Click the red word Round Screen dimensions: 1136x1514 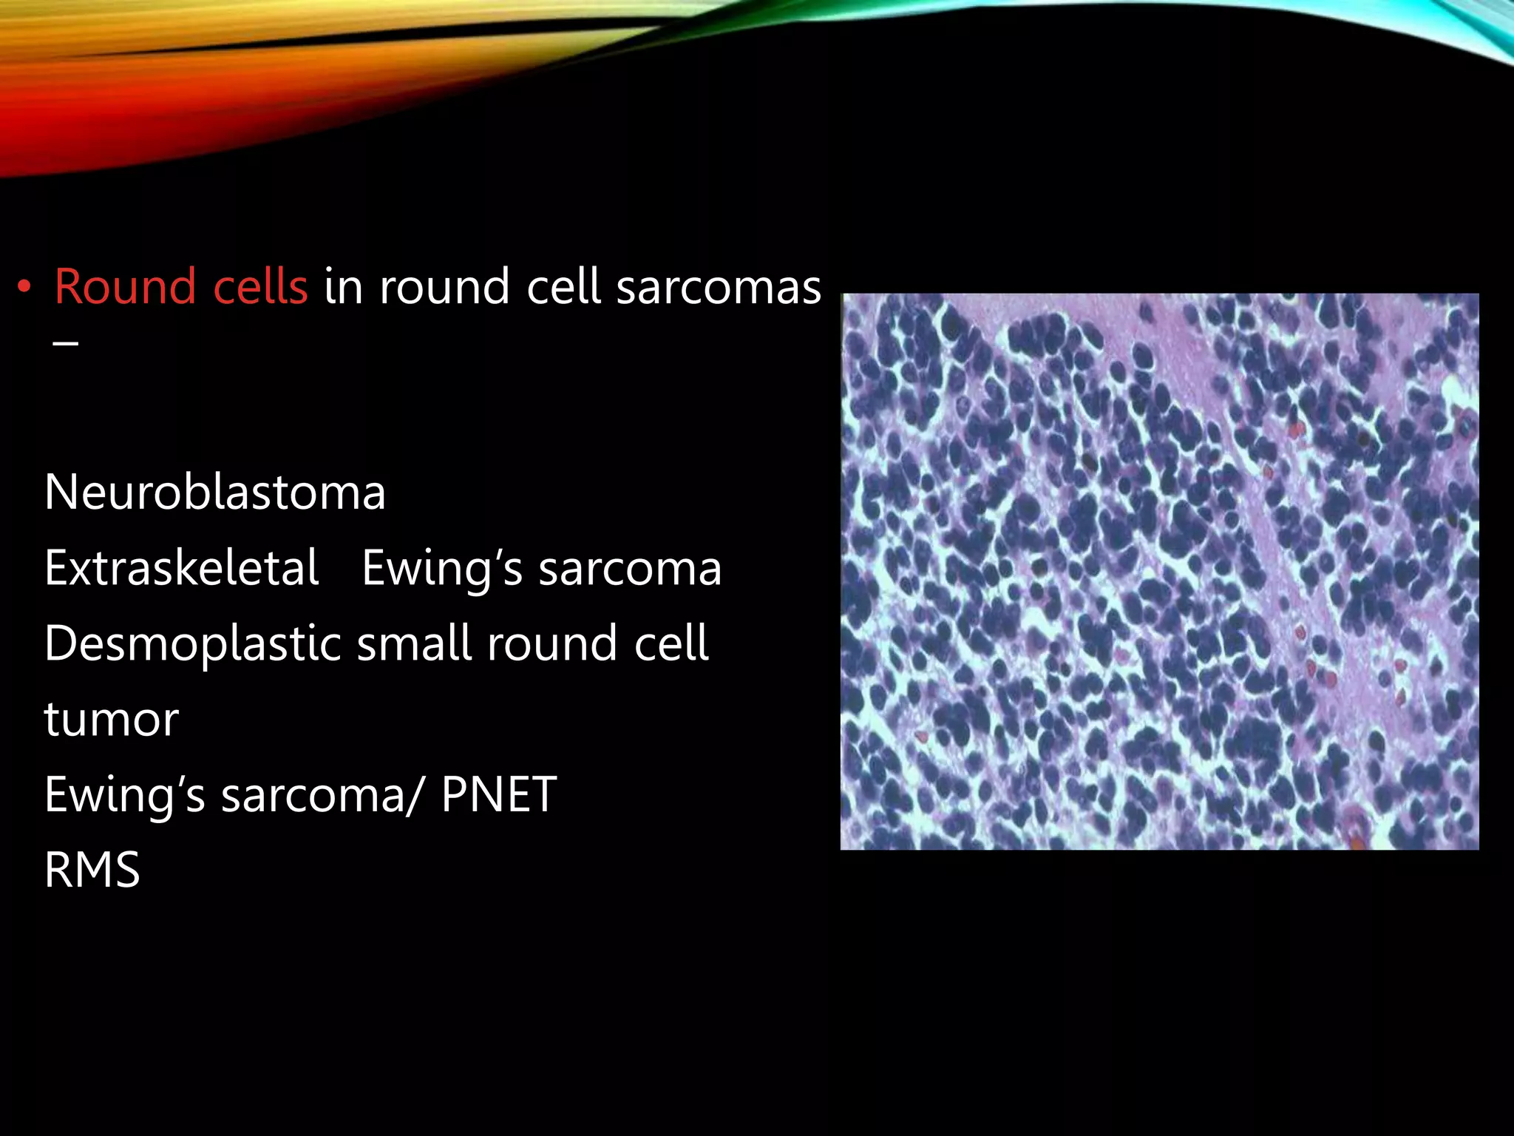pyautogui.click(x=124, y=287)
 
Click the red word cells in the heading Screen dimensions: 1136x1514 pyautogui.click(x=259, y=287)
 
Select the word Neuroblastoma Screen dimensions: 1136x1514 pyautogui.click(x=214, y=493)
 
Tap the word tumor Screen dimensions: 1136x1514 pyautogui.click(x=111, y=719)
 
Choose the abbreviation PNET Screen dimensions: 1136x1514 pyautogui.click(x=498, y=795)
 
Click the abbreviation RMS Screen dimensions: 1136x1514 pyautogui.click(x=92, y=870)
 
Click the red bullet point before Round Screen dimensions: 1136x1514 pyautogui.click(x=25, y=288)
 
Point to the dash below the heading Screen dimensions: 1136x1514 pyautogui.click(x=66, y=343)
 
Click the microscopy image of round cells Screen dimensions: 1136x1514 pyautogui.click(x=1159, y=571)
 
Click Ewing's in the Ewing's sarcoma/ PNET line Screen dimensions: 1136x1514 pyautogui.click(x=124, y=795)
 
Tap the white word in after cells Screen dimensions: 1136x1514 pyautogui.click(x=343, y=287)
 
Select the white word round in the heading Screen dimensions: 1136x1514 pyautogui.click(x=444, y=287)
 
